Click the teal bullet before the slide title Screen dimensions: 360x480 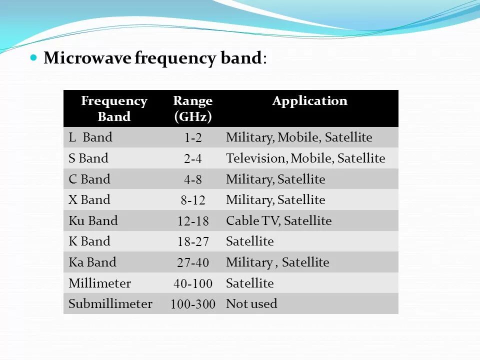[x=34, y=57]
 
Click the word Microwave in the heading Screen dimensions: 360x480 [x=87, y=58]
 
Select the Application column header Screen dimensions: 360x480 [x=309, y=101]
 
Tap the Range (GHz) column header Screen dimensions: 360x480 [x=192, y=108]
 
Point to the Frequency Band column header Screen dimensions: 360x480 [x=114, y=108]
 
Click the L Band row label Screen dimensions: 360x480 [x=90, y=137]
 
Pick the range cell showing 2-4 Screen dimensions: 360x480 [x=192, y=159]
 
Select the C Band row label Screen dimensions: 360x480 [x=89, y=179]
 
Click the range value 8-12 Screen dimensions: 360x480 [x=192, y=200]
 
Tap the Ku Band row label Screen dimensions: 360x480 [x=93, y=220]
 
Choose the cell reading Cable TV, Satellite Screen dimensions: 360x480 [x=278, y=221]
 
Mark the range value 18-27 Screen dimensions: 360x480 [x=192, y=242]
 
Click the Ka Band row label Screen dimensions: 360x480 [x=92, y=262]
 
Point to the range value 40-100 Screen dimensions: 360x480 [x=192, y=284]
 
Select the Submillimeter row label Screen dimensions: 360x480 [x=110, y=303]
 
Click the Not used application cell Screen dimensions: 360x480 [x=251, y=303]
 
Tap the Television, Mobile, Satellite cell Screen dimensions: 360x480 [x=305, y=158]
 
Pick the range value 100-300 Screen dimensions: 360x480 [x=192, y=304]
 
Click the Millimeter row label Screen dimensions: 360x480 [x=99, y=283]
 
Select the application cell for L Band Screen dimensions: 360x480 [x=299, y=137]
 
